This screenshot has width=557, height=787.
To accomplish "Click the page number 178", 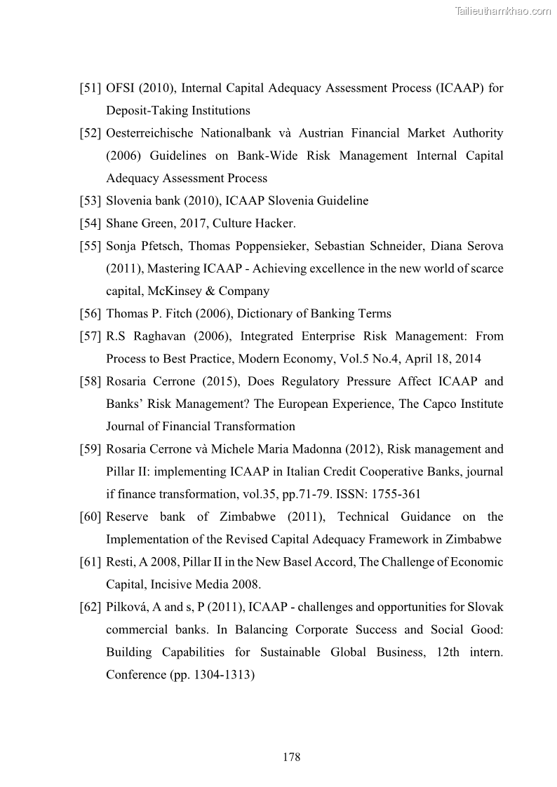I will pos(291,757).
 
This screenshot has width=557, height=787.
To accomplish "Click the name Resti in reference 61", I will pos(119,562).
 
